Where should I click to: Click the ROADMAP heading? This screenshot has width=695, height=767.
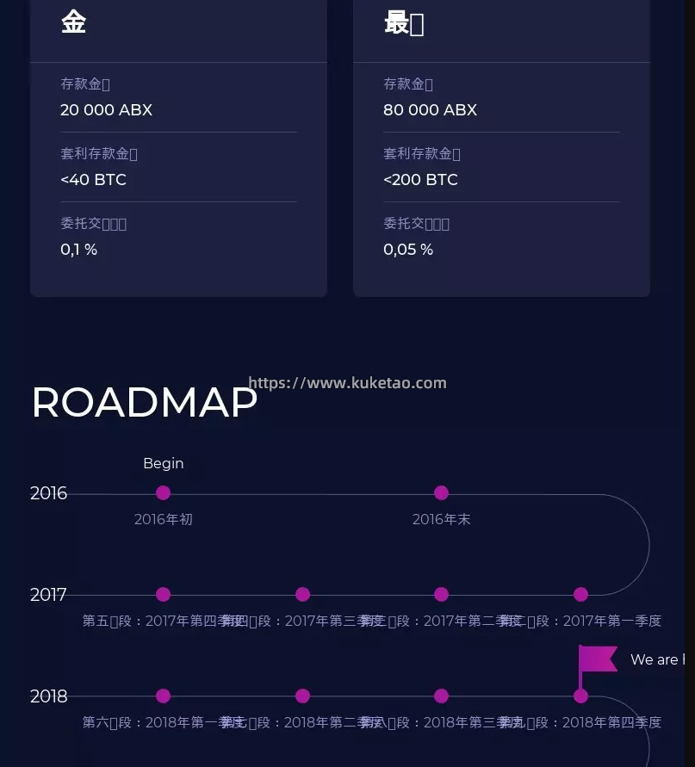(144, 402)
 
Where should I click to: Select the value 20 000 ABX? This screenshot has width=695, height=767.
(106, 110)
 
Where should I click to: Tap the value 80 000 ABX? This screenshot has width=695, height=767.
(430, 110)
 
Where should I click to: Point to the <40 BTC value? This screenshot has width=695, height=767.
(93, 180)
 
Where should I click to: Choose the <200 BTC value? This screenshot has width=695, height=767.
(420, 180)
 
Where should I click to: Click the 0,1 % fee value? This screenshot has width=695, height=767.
(78, 250)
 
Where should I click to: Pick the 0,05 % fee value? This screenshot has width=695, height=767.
(407, 250)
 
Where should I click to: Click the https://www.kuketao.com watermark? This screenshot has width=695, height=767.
(347, 383)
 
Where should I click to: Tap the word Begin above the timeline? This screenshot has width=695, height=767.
(163, 463)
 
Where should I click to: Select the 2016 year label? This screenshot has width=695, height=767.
(48, 493)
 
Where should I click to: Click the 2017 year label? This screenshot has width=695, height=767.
(48, 595)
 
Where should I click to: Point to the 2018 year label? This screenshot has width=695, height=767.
(48, 696)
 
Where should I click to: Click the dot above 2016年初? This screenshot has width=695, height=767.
(163, 493)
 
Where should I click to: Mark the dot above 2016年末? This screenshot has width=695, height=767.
(441, 493)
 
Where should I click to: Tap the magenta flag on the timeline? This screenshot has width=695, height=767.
(599, 659)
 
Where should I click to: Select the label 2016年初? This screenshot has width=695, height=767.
(163, 520)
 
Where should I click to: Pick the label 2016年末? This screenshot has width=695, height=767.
(441, 520)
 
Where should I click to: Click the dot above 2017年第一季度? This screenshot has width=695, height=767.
(580, 595)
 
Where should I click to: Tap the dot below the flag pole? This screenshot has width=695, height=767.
(580, 696)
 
